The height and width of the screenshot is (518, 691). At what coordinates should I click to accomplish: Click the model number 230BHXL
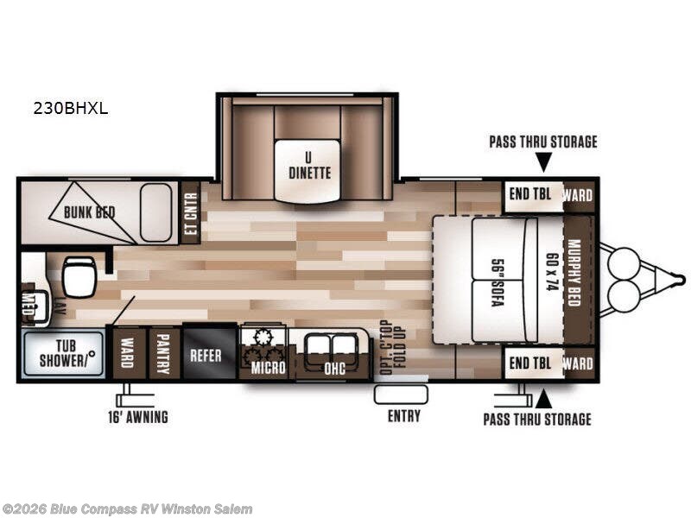[71, 109]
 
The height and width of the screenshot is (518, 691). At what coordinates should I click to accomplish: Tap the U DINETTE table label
[309, 165]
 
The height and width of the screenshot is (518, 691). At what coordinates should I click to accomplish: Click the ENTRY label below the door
[403, 416]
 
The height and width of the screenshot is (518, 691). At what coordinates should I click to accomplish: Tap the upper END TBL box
[530, 195]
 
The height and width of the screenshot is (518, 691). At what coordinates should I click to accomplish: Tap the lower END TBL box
[530, 363]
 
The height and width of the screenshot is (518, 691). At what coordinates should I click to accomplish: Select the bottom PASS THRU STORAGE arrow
[542, 398]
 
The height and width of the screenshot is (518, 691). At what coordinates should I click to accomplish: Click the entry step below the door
[401, 395]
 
